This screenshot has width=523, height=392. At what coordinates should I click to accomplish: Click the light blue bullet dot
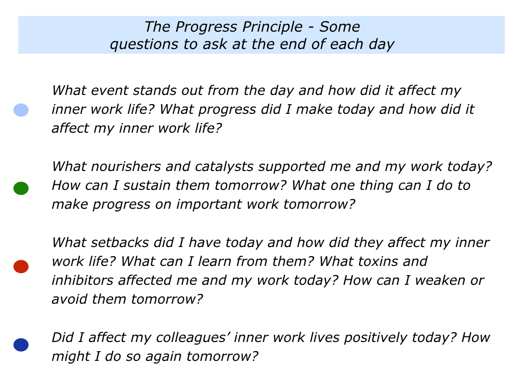click(x=20, y=110)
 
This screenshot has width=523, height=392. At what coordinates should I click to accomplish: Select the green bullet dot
click(x=20, y=188)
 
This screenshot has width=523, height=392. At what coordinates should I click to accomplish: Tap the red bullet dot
click(x=20, y=266)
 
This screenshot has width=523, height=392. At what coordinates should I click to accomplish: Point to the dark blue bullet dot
click(x=20, y=345)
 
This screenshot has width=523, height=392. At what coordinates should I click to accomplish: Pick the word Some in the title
click(x=340, y=27)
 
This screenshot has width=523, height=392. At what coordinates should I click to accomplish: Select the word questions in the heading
click(x=144, y=45)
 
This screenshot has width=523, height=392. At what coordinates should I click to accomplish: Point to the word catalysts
click(x=224, y=167)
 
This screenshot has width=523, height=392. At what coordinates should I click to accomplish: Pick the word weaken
click(x=440, y=280)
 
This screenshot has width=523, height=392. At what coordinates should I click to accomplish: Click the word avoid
click(x=69, y=299)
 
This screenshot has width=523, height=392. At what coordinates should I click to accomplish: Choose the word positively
click(x=375, y=338)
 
